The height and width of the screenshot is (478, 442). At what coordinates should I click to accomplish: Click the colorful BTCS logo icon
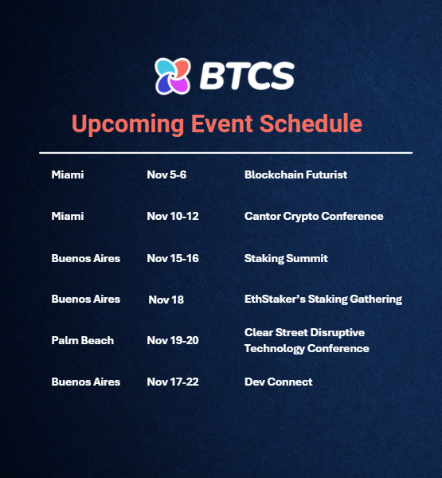172,76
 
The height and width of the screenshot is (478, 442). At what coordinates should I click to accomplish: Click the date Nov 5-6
166,174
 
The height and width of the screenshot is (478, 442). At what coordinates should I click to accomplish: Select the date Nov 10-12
173,216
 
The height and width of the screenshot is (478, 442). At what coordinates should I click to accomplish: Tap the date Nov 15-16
173,258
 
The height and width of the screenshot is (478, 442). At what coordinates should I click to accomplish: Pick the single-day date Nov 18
166,300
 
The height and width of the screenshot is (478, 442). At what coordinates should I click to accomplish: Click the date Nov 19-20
173,340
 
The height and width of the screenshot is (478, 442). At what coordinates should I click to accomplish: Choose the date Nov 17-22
173,382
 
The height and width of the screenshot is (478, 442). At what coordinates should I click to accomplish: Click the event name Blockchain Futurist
295,174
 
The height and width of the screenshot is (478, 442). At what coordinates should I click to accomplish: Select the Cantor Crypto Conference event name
314,216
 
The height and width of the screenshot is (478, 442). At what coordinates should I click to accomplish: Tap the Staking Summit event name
286,258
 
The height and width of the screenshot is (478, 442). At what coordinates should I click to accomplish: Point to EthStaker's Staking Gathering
323,300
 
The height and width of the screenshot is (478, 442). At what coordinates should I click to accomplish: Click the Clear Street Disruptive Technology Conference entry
307,340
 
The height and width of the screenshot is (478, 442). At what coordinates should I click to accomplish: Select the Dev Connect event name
278,382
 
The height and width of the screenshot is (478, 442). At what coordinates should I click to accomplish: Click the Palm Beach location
82,340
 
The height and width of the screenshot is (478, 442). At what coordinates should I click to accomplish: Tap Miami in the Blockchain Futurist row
67,174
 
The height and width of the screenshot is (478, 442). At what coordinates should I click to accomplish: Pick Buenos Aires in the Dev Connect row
85,382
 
